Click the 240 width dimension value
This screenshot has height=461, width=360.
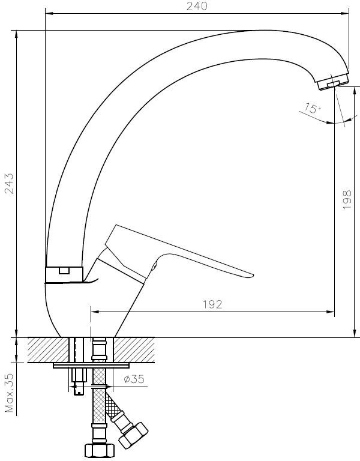point(197,6)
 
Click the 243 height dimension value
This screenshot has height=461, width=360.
point(10,183)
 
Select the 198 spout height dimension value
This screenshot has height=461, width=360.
point(347,199)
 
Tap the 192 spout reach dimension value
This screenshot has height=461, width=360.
point(212,304)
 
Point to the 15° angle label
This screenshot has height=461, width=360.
point(311,108)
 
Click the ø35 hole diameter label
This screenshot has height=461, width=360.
point(134,379)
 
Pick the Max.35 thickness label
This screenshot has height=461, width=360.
point(10,393)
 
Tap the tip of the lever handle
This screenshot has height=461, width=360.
point(253,276)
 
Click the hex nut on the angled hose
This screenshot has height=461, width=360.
point(133,435)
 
